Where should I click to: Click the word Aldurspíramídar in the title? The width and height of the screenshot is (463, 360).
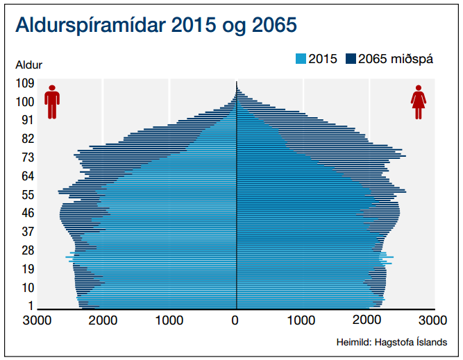(87, 27)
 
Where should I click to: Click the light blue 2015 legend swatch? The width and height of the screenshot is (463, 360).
(301, 59)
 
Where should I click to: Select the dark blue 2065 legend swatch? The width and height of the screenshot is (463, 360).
(351, 59)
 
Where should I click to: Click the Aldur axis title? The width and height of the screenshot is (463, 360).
(29, 65)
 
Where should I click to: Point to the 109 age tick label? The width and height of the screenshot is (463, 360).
(25, 83)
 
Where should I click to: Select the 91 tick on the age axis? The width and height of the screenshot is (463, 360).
(28, 120)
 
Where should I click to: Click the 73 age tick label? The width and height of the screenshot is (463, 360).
(28, 157)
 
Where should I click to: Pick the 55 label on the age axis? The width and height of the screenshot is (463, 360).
(28, 194)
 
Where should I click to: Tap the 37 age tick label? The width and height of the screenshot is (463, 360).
(28, 232)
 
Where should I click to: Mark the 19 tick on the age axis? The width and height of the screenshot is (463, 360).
(28, 269)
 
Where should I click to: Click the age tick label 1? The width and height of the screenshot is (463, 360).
(31, 306)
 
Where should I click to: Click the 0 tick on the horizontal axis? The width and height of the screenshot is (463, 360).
(236, 321)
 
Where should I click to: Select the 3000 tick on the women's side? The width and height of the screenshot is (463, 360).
(433, 321)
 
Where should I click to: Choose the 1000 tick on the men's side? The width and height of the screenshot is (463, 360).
(169, 321)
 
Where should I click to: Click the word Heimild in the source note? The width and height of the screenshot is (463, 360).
(353, 343)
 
